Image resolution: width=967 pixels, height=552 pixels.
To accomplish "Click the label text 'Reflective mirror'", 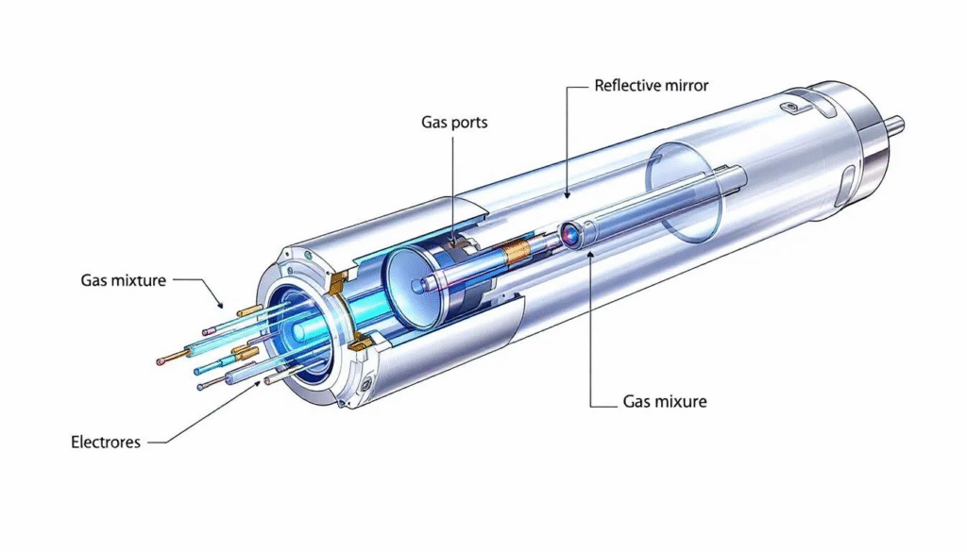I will click(x=651, y=86).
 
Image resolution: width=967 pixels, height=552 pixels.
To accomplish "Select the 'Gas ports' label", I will click(x=453, y=123).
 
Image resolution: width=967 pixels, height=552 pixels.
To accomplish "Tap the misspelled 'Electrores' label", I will click(x=106, y=441).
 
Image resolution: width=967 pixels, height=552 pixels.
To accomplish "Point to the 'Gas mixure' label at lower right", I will click(x=665, y=401).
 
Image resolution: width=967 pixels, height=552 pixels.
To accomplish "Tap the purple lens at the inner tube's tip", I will click(x=570, y=233).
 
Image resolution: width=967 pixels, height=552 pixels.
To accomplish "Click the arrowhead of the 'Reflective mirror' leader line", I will click(x=567, y=195).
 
